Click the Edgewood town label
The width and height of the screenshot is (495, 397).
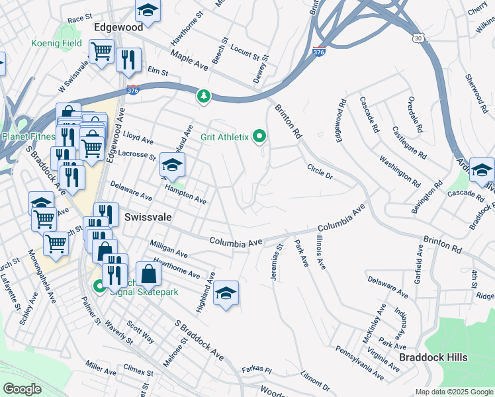(x=118, y=28)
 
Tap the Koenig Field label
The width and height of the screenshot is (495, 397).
(x=57, y=44)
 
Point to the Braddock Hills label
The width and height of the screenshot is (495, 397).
(x=433, y=357)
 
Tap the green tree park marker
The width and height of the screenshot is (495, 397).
(x=204, y=97)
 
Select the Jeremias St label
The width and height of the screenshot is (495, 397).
(x=277, y=263)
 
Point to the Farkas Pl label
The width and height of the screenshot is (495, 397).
(x=257, y=369)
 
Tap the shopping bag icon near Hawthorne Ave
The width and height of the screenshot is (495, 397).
(x=149, y=273)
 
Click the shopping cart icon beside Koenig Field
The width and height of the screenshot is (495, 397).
(x=101, y=51)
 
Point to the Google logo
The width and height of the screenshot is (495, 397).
(x=22, y=389)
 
